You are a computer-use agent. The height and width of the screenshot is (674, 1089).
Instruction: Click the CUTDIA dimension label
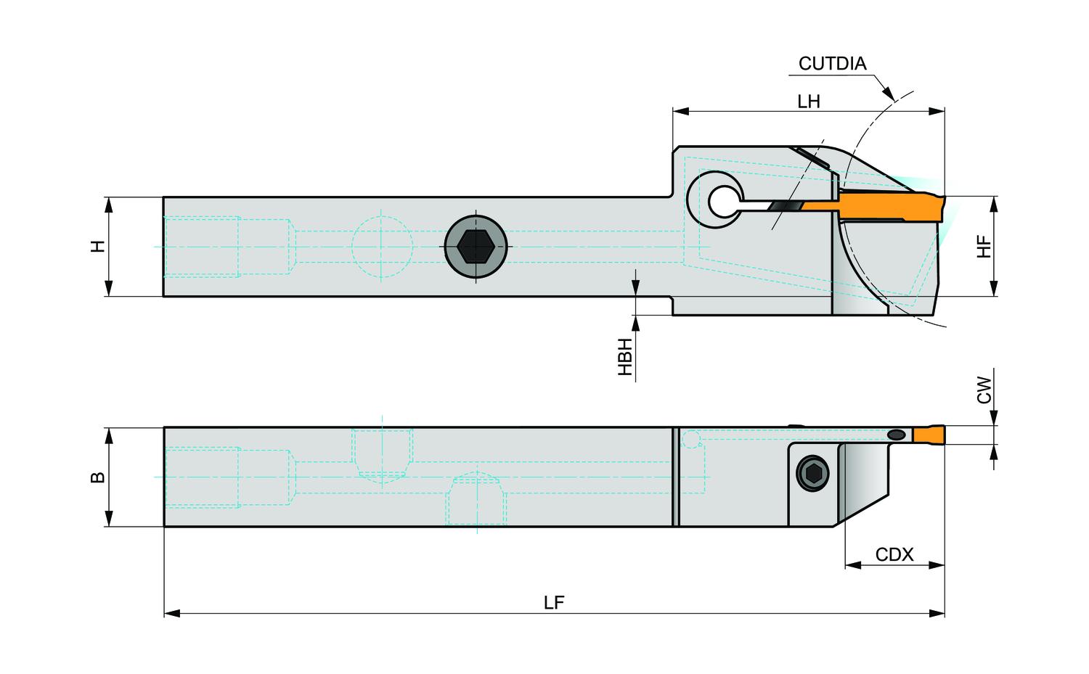(832, 64)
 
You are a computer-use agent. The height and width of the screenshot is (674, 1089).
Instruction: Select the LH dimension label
(808, 102)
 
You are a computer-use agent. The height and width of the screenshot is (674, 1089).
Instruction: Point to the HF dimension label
(984, 247)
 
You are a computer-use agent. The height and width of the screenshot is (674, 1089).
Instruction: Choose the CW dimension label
(984, 390)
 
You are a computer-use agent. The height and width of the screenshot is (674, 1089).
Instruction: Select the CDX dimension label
(894, 555)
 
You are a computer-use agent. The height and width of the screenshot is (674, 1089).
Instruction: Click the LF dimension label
(554, 603)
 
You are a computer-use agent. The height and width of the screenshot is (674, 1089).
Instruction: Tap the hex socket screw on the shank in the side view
(475, 247)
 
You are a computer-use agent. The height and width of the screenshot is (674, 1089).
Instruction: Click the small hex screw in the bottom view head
(812, 475)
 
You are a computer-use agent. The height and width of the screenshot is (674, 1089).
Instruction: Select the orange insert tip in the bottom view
(928, 435)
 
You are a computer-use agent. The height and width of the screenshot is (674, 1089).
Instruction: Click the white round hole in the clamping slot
(722, 202)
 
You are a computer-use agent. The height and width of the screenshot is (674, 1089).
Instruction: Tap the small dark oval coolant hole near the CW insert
(897, 434)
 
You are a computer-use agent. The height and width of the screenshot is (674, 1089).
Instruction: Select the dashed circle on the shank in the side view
(382, 247)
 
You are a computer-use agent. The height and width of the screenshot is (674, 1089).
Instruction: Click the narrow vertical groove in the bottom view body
(675, 477)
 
